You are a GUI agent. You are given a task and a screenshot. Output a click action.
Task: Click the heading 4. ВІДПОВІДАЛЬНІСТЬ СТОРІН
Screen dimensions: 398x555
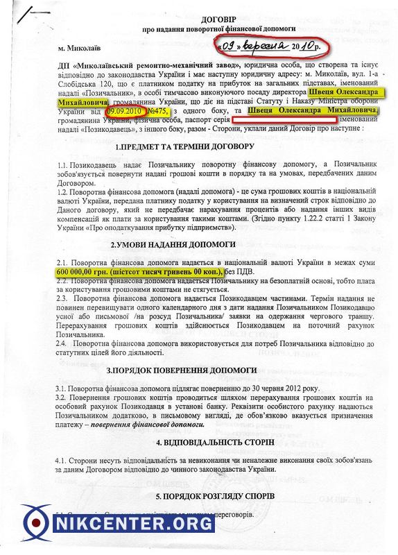[201, 442]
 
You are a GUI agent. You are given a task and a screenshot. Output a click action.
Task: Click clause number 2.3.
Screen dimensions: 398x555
[64, 296]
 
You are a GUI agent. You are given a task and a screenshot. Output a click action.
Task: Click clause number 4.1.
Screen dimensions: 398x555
[64, 460]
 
